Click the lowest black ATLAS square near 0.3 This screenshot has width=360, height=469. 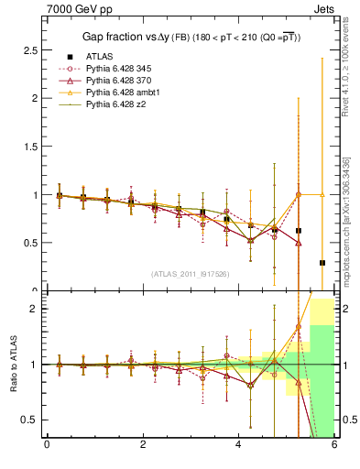click(x=322, y=263)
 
